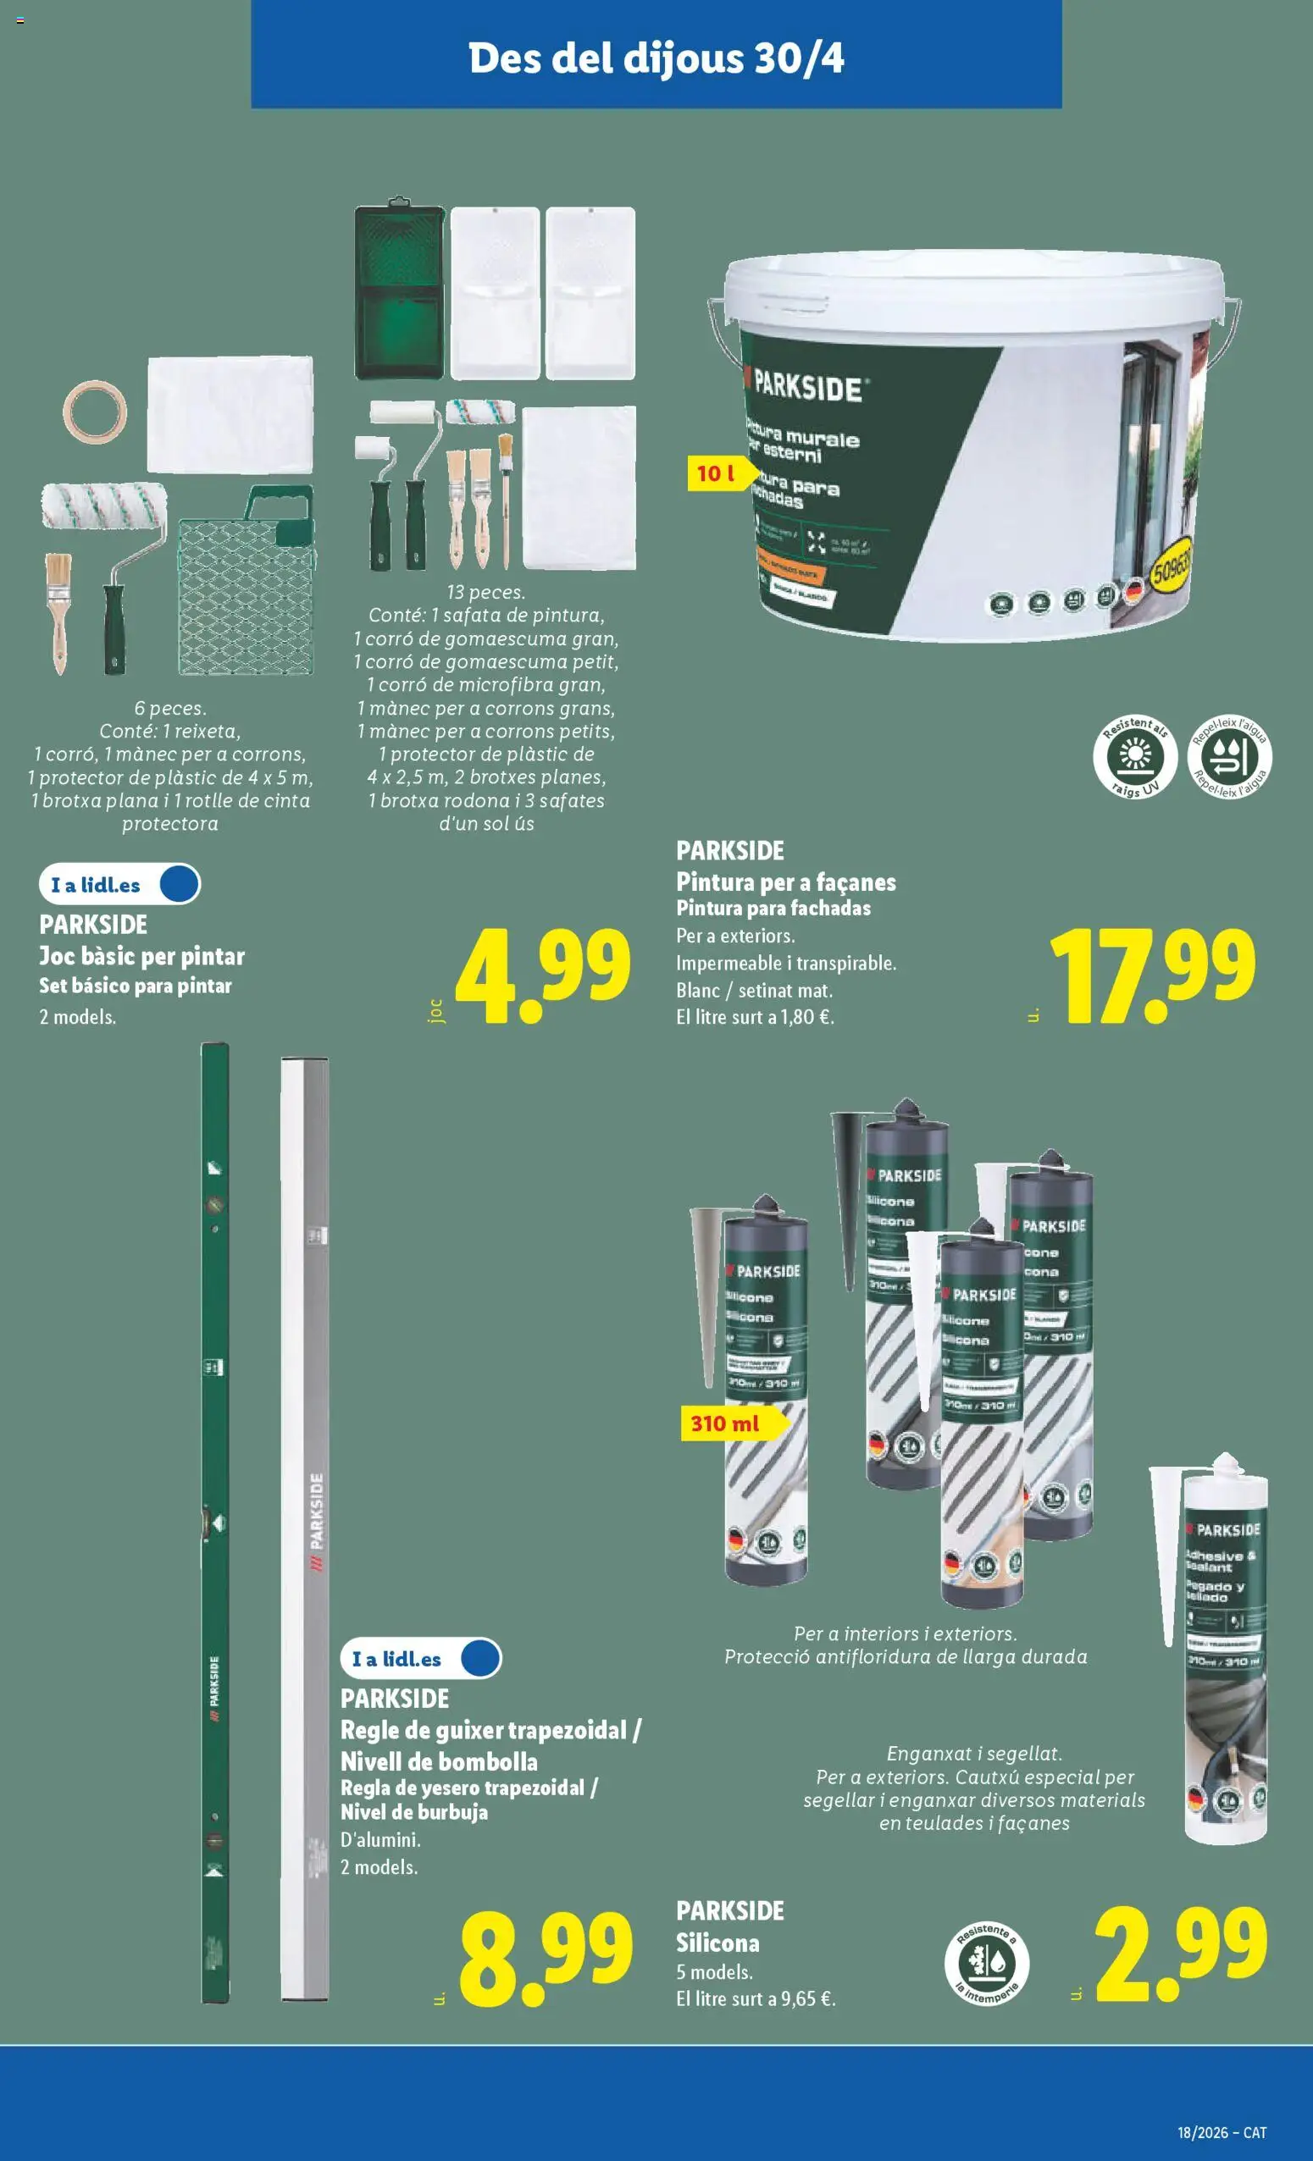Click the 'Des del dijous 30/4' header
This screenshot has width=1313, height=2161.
(x=656, y=58)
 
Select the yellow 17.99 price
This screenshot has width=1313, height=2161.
(x=1153, y=975)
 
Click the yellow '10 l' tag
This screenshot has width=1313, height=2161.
(x=716, y=473)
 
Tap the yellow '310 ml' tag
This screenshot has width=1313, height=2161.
(x=724, y=1423)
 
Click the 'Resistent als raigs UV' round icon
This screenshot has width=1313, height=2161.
(x=1135, y=756)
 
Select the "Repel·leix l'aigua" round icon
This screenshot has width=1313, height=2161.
(x=1230, y=756)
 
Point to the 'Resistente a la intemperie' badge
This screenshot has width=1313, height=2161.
(x=987, y=1964)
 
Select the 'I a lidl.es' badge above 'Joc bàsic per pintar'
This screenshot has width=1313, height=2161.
(x=119, y=884)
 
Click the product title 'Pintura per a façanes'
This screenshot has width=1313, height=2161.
(x=785, y=882)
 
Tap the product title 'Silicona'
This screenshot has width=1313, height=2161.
(x=717, y=1943)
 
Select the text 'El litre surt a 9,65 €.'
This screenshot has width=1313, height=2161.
(x=755, y=1999)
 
